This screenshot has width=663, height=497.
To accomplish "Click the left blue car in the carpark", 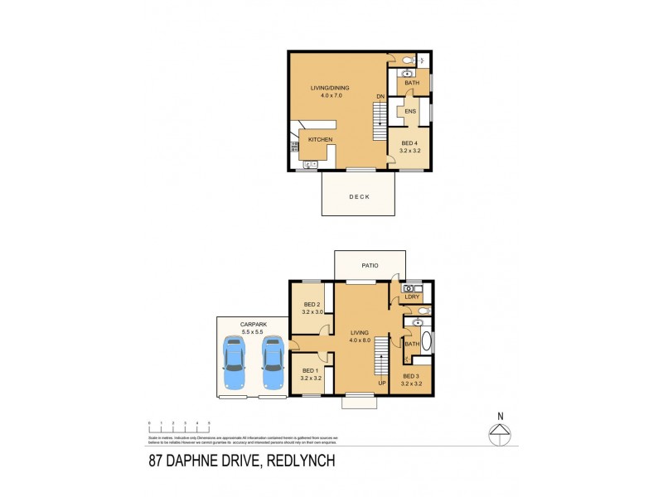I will [x=235, y=362].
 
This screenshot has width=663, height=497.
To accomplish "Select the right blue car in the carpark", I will [x=273, y=362].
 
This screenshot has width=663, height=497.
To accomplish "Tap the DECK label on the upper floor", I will [x=359, y=196].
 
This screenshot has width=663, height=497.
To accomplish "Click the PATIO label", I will [x=370, y=266].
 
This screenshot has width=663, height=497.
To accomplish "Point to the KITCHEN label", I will [x=320, y=140].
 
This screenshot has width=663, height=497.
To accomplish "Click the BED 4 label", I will [x=409, y=143].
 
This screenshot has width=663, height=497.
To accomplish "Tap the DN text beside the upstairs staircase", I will [x=380, y=97].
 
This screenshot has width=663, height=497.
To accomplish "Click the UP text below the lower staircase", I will [x=381, y=383].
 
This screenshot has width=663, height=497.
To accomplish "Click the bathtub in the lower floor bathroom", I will [x=426, y=341].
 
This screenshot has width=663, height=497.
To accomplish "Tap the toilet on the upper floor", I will [x=406, y=60].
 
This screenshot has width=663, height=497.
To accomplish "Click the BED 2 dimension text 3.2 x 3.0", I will [x=312, y=312].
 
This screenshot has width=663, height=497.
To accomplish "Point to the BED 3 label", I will [x=411, y=376].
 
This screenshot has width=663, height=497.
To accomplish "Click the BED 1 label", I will [x=311, y=370].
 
